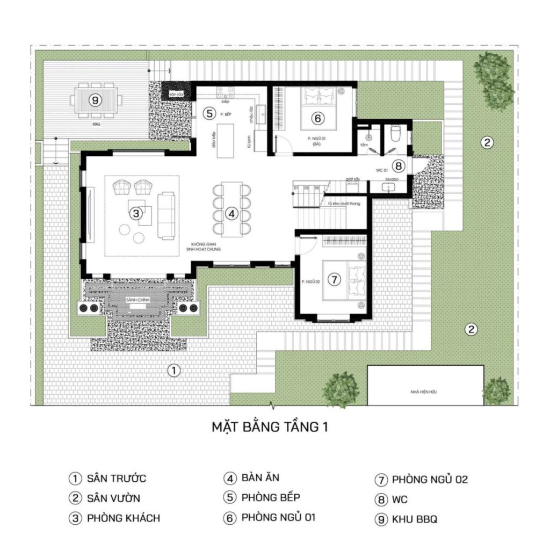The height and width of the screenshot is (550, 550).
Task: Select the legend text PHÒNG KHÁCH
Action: point(123,518)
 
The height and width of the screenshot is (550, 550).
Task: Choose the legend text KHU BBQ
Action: point(414,519)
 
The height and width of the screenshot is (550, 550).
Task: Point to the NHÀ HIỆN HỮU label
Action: point(424,393)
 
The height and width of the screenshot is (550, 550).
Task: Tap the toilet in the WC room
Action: point(395,133)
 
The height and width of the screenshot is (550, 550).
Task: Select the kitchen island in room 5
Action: point(226,141)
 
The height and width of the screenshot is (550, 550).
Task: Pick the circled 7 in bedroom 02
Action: point(334,279)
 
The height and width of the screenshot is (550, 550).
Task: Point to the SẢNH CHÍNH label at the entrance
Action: point(136,299)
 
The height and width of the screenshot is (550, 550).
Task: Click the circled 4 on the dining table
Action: point(231,214)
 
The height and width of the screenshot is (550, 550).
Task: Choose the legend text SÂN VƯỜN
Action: point(113,498)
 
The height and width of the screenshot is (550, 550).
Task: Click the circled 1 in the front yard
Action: point(172,370)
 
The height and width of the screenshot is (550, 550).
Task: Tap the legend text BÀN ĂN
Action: point(260,477)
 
